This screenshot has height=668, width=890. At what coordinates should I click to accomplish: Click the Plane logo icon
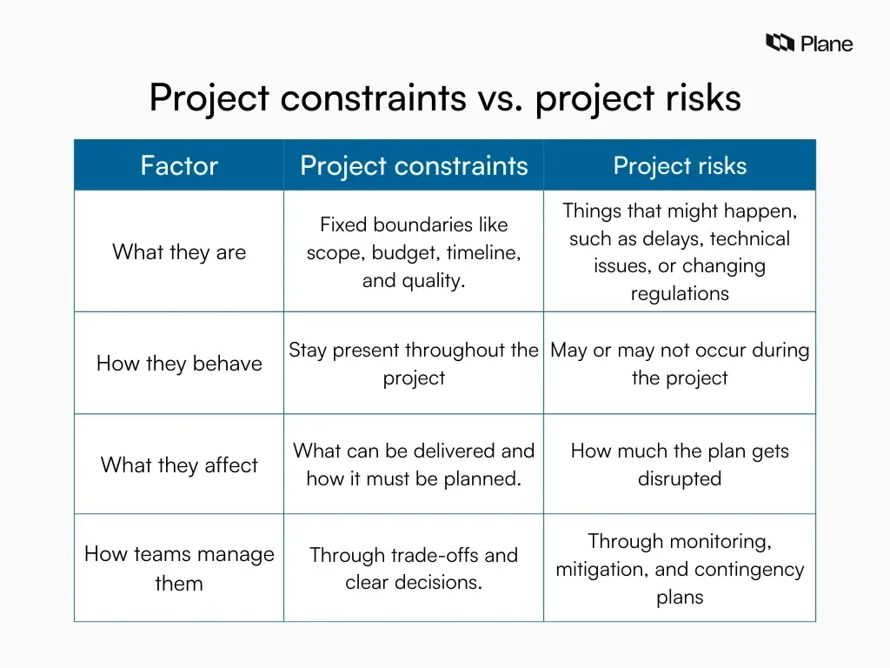click(780, 43)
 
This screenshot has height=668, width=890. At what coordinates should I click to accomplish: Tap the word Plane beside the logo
click(827, 43)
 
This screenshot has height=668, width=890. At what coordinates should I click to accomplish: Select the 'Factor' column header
click(179, 165)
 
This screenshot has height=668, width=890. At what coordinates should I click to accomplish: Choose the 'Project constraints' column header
click(414, 165)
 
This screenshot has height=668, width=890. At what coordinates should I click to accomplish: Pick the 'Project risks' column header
click(680, 165)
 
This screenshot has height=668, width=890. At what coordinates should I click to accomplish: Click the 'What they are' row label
click(179, 252)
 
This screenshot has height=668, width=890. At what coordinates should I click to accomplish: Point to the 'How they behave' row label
click(179, 364)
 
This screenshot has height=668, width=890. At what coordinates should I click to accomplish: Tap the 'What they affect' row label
click(179, 464)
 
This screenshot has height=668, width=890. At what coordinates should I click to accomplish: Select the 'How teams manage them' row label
click(179, 569)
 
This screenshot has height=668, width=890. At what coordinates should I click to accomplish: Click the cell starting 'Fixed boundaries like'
click(414, 252)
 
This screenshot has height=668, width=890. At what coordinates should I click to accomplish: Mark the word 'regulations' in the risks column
click(680, 294)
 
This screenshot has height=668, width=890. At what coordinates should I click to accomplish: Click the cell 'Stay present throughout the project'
click(414, 364)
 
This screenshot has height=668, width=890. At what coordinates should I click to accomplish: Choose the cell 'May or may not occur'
click(680, 364)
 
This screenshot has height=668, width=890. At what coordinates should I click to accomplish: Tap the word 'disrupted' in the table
click(680, 479)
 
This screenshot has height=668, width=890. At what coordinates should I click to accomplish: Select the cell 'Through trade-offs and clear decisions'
click(414, 569)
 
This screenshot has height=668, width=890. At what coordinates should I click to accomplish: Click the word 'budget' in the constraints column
click(406, 253)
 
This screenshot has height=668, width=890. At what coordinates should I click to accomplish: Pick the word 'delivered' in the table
click(455, 451)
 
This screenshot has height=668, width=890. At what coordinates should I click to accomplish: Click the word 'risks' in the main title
click(707, 97)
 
